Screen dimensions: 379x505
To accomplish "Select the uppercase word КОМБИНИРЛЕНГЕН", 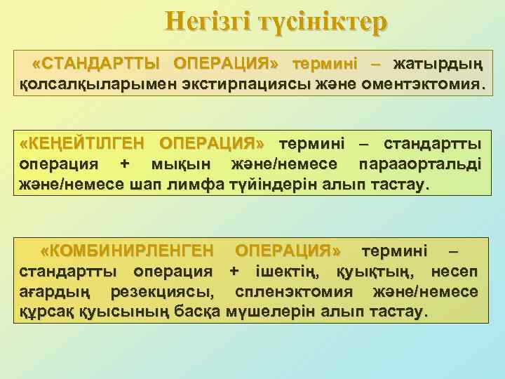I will (127, 251).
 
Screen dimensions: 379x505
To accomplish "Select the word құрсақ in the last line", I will (41, 311).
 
